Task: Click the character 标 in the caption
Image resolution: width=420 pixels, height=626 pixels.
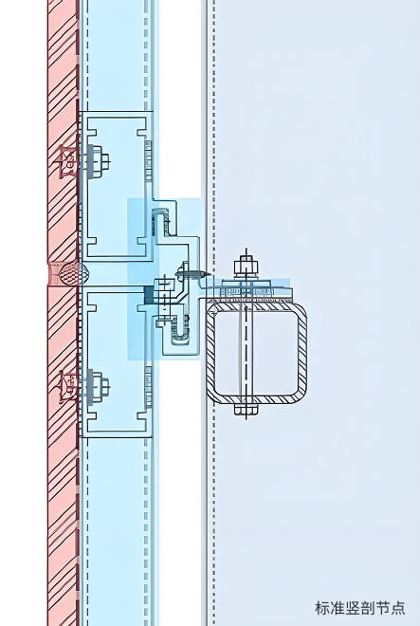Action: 322,608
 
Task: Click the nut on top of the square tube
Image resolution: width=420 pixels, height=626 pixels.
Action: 246,267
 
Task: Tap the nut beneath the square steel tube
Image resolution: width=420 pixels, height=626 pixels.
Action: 246,409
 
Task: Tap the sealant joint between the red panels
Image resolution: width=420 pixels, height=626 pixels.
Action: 68,273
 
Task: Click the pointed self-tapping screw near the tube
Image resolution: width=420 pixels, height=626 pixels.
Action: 192,274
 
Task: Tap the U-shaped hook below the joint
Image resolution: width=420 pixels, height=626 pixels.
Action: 180,330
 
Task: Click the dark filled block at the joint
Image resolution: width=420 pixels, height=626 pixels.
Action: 149,295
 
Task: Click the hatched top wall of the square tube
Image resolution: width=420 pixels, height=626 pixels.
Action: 256,306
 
